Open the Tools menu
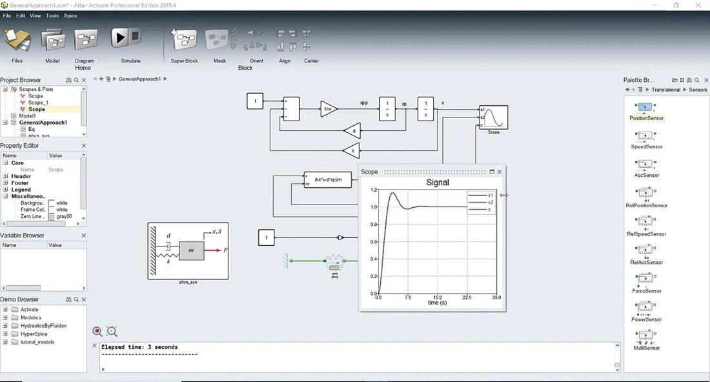pyautogui.click(x=52, y=15)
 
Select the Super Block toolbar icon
pyautogui.click(x=184, y=40)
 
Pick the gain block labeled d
pyautogui.click(x=352, y=132)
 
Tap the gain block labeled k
pyautogui.click(x=350, y=151)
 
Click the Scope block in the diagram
pyautogui.click(x=494, y=117)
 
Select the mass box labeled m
pyautogui.click(x=192, y=249)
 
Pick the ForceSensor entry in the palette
pyautogui.click(x=646, y=281)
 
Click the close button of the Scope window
pyautogui.click(x=500, y=172)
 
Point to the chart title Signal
pyautogui.click(x=438, y=183)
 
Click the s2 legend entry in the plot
pyautogui.click(x=491, y=202)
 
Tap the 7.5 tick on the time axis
pyautogui.click(x=408, y=297)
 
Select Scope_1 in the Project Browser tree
pyautogui.click(x=37, y=103)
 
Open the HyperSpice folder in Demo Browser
pyautogui.click(x=32, y=334)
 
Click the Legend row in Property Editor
pyautogui.click(x=21, y=190)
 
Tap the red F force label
pyautogui.click(x=225, y=250)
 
